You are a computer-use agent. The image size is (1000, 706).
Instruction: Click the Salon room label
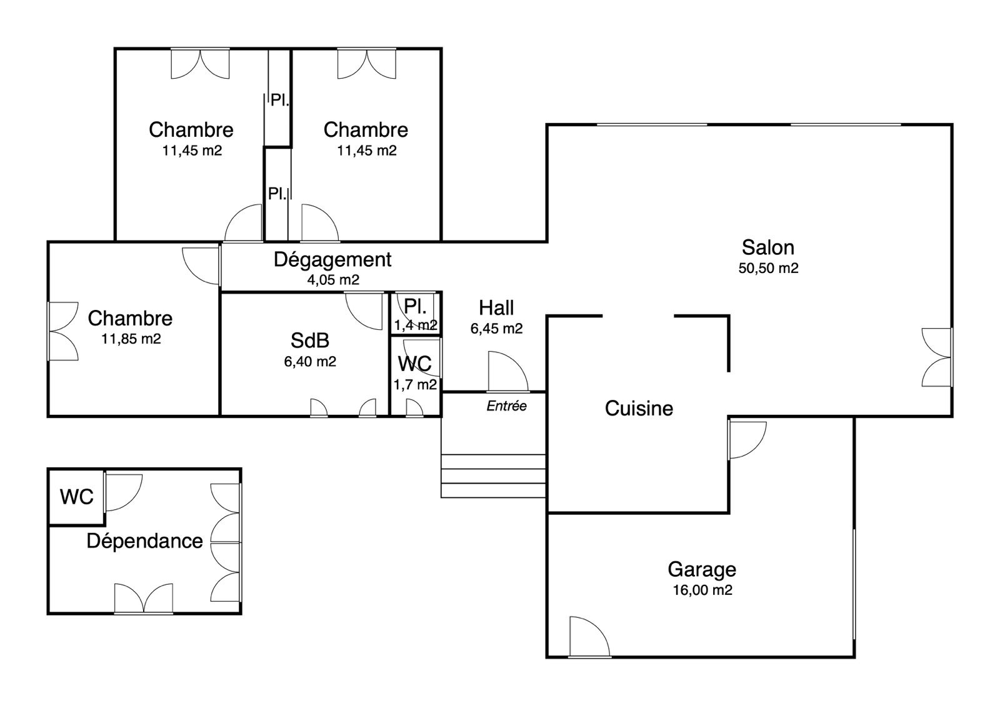coord(768,247)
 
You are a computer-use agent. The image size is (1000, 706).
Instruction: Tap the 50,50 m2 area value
coord(768,268)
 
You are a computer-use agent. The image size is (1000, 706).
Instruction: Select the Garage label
coord(702,569)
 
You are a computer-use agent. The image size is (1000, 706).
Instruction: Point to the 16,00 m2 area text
coord(702,590)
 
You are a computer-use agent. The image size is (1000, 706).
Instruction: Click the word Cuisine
coord(639,409)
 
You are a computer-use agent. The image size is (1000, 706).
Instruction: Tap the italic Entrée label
coord(506,405)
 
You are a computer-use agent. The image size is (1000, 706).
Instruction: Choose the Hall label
coord(496,307)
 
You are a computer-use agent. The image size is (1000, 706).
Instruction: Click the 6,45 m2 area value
coord(496,329)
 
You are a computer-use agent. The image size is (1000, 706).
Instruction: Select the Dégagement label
coord(332,260)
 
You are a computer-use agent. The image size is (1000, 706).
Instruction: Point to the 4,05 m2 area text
coord(333,280)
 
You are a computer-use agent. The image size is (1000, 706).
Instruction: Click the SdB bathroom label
coord(310,341)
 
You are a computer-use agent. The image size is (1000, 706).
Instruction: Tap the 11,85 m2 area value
coord(131,339)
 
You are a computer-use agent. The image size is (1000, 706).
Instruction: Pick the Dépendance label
coord(144,541)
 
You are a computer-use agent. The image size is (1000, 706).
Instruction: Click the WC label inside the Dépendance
coord(77,497)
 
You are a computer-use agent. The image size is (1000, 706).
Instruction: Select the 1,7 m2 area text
coord(415,384)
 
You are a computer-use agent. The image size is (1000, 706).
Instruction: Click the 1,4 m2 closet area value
coord(416,326)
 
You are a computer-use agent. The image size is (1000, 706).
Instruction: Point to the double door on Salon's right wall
coord(937,357)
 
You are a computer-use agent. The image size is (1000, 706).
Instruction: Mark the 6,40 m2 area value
coord(310,362)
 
